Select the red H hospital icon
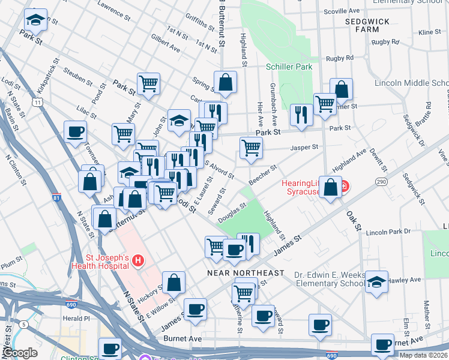pyautogui.click(x=138, y=260)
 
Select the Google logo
pyautogui.click(x=20, y=353)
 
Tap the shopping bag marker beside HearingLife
pyautogui.click(x=330, y=187)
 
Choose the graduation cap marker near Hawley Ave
pyautogui.click(x=376, y=281)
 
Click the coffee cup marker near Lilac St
pyautogui.click(x=75, y=132)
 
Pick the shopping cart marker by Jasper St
pyautogui.click(x=251, y=147)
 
